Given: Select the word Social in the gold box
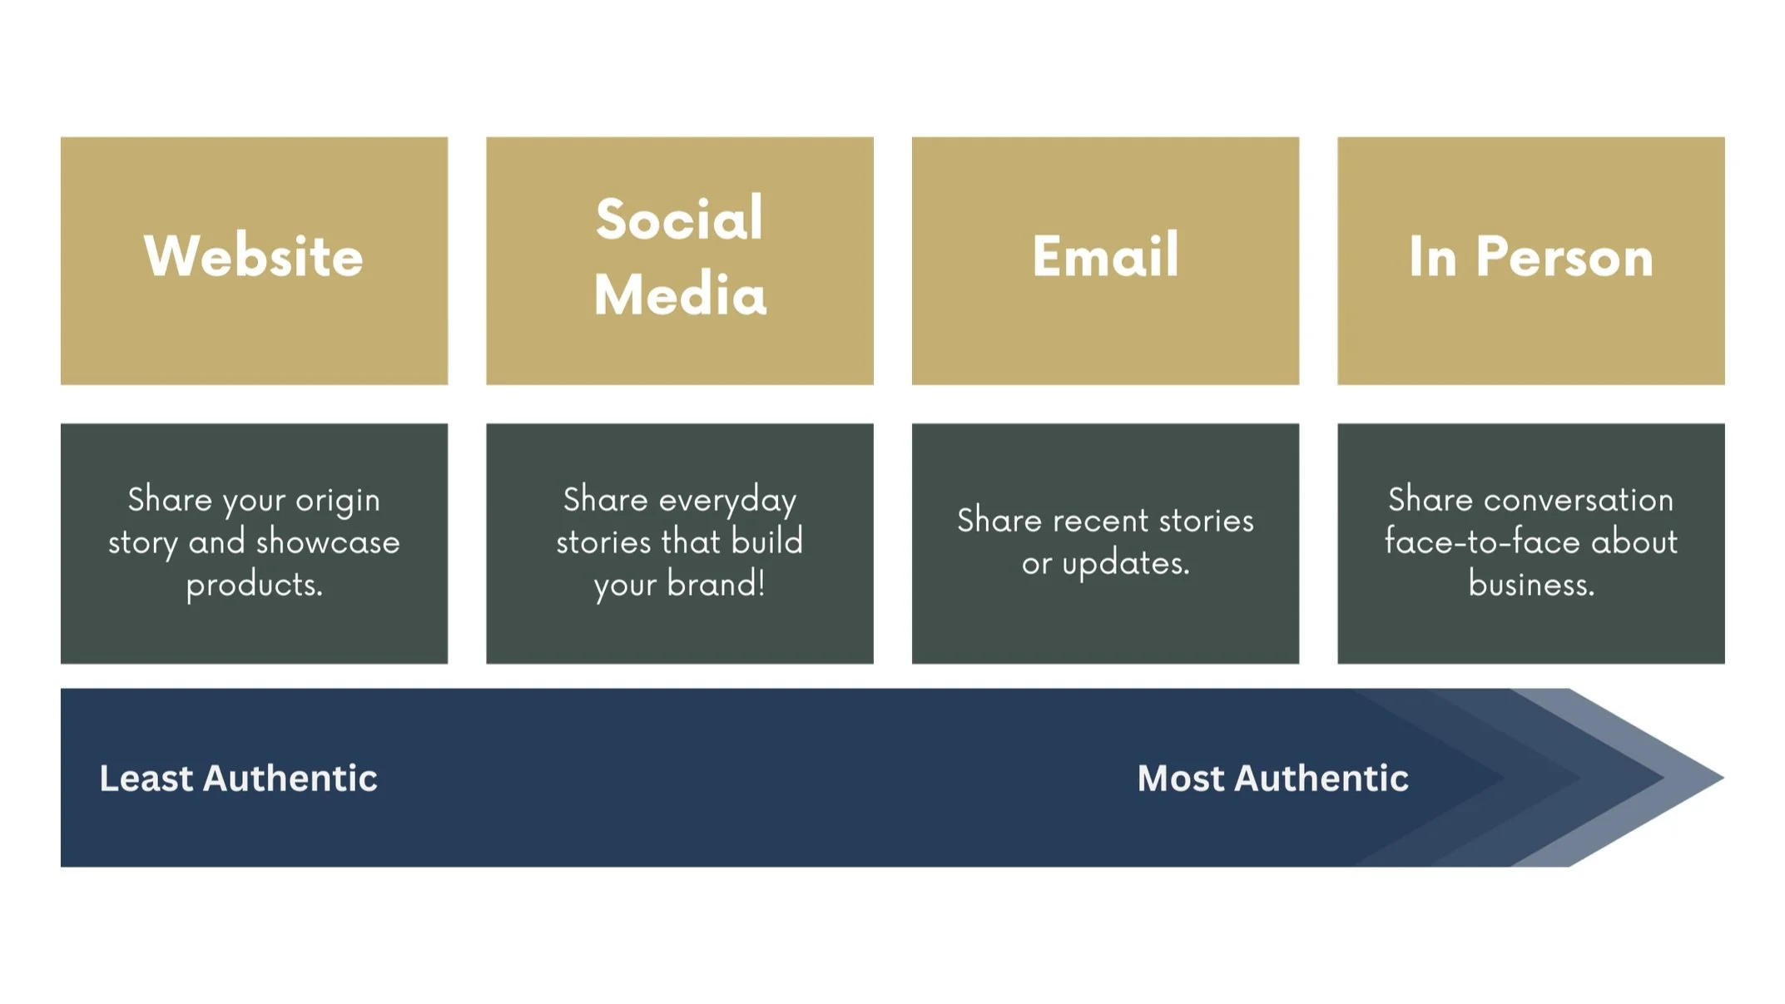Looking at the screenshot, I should pyautogui.click(x=679, y=219).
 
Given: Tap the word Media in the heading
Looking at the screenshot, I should pyautogui.click(x=680, y=294).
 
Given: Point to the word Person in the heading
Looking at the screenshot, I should pyautogui.click(x=1564, y=257).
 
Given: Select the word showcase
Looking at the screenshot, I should pyautogui.click(x=328, y=542).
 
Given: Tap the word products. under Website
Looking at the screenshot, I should pyautogui.click(x=254, y=585).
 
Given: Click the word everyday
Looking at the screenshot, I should pyautogui.click(x=726, y=501).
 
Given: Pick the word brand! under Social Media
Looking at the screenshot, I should pyautogui.click(x=716, y=585).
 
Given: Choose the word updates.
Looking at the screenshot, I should pyautogui.click(x=1125, y=564).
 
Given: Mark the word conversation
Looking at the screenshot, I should pyautogui.click(x=1578, y=500).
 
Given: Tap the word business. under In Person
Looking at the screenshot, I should pyautogui.click(x=1531, y=585).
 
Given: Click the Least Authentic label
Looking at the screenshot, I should pyautogui.click(x=238, y=779).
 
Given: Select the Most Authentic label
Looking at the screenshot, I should pyautogui.click(x=1272, y=779).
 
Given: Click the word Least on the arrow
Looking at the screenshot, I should pyautogui.click(x=146, y=779).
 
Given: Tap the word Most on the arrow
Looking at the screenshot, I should pyautogui.click(x=1181, y=779).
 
